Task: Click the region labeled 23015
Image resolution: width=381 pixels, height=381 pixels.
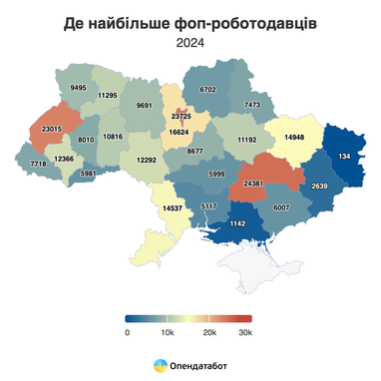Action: coord(53,129)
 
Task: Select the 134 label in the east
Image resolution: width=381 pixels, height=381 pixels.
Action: coord(344,158)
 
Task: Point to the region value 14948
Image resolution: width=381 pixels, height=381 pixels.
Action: coord(294,138)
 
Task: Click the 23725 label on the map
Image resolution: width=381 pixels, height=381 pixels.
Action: coord(182,117)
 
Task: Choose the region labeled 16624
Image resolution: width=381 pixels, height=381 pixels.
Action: coord(180,131)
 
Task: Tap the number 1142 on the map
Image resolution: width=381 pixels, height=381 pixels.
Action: coord(238,223)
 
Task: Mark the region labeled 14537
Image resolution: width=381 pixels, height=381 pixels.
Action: coord(173,208)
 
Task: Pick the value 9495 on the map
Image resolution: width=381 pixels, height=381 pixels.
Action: coord(79,88)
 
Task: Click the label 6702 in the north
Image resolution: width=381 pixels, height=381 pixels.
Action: coord(207,89)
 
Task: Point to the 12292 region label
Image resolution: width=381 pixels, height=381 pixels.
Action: coord(147,160)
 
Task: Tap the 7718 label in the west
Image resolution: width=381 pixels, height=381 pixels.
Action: coord(38,163)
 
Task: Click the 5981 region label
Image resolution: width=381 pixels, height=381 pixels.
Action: coord(88,174)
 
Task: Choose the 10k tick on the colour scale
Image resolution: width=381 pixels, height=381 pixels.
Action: coord(169,332)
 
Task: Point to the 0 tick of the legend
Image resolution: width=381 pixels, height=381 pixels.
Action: coord(128,332)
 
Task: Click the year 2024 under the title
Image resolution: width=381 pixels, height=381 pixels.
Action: coord(190,42)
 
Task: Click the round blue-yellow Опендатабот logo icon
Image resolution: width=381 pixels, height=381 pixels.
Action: coord(160,366)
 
